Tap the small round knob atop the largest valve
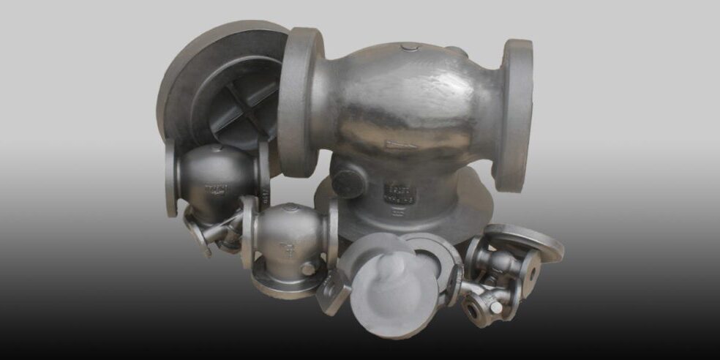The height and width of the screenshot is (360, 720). pos(410,48)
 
